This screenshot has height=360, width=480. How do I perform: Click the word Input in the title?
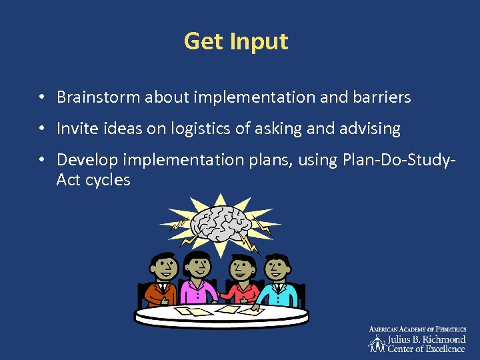tap(259, 42)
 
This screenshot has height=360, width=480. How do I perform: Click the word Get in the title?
tap(204, 41)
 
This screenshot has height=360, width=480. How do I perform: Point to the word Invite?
tap(76, 129)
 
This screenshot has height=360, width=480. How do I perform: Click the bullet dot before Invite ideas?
tap(41, 129)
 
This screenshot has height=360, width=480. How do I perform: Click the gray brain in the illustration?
tap(219, 224)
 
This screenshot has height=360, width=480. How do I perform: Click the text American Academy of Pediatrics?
tap(417, 329)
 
